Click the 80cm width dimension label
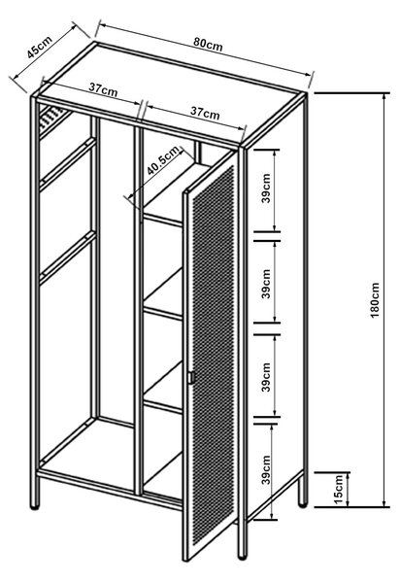pyautogui.click(x=208, y=45)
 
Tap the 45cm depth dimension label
pyautogui.click(x=39, y=47)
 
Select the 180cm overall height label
pyautogui.click(x=375, y=299)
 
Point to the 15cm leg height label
pyautogui.click(x=338, y=489)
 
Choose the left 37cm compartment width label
pyautogui.click(x=103, y=89)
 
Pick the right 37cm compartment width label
pyautogui.click(x=205, y=113)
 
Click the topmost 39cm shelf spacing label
pyautogui.click(x=266, y=189)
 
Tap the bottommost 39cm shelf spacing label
pyautogui.click(x=266, y=470)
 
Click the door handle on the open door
pyautogui.click(x=191, y=377)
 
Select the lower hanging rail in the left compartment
pyautogui.click(x=68, y=257)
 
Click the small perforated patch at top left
pyautogui.click(x=52, y=117)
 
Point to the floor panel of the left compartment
pyautogui.click(x=87, y=451)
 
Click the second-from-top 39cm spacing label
pyautogui.click(x=266, y=284)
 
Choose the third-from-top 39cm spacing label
pyautogui.click(x=266, y=377)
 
